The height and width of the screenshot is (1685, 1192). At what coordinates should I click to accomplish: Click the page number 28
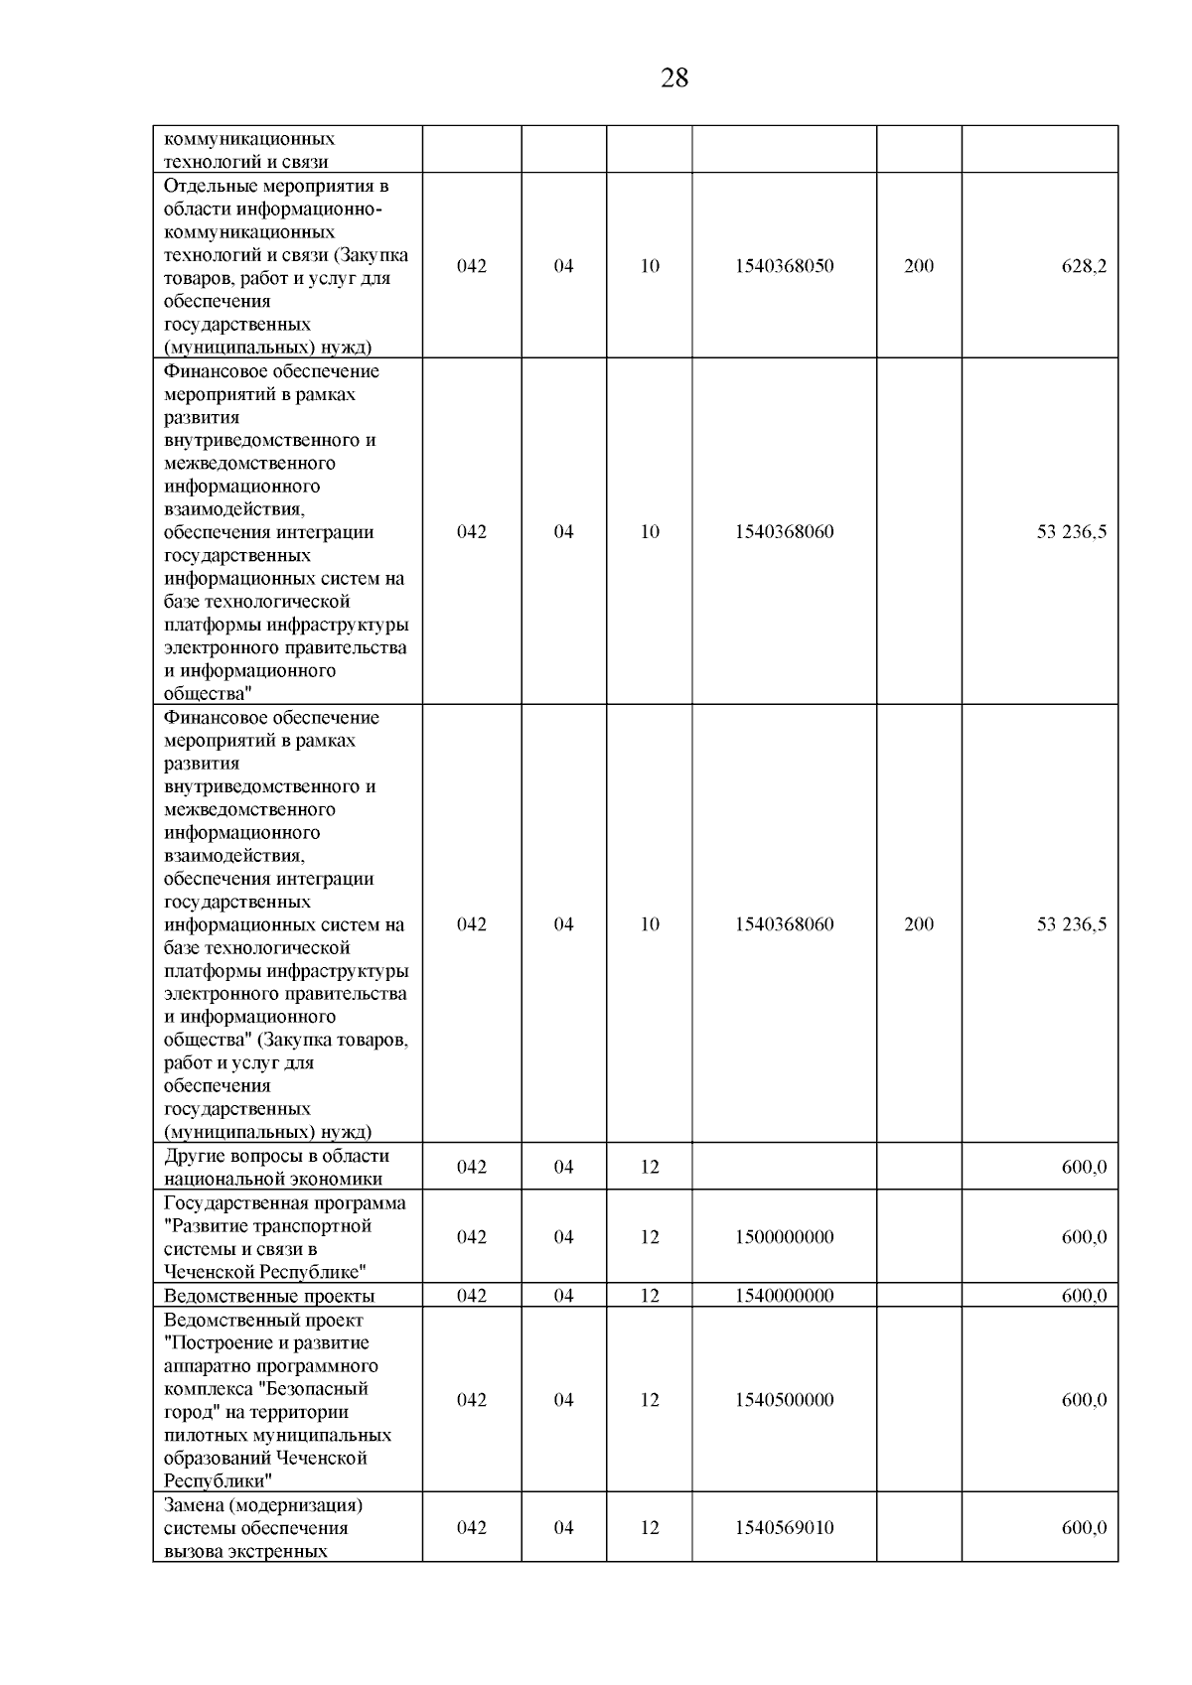coord(673,78)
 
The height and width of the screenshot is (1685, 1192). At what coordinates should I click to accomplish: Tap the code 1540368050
coord(784,266)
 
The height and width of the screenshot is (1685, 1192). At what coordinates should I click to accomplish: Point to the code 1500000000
coord(784,1237)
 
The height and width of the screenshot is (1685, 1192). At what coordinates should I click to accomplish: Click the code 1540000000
coord(784,1296)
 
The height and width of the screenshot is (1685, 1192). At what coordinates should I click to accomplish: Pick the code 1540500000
coord(784,1400)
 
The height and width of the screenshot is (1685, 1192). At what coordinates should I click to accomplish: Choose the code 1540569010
coord(784,1528)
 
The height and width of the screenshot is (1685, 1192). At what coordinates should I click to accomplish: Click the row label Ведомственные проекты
coord(268,1296)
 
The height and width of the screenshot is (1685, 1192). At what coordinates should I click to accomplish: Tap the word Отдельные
coord(206,186)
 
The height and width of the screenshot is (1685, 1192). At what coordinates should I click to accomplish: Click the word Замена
coord(193,1505)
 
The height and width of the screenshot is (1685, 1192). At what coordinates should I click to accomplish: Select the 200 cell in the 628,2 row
coord(919,266)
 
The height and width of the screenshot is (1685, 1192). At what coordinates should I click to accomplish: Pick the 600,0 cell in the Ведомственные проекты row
coord(1084,1296)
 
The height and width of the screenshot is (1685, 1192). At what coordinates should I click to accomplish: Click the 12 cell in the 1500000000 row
coord(650,1237)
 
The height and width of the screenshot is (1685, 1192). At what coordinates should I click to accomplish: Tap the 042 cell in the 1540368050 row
coord(472,266)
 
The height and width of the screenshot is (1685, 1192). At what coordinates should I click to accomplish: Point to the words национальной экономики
coord(273,1180)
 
